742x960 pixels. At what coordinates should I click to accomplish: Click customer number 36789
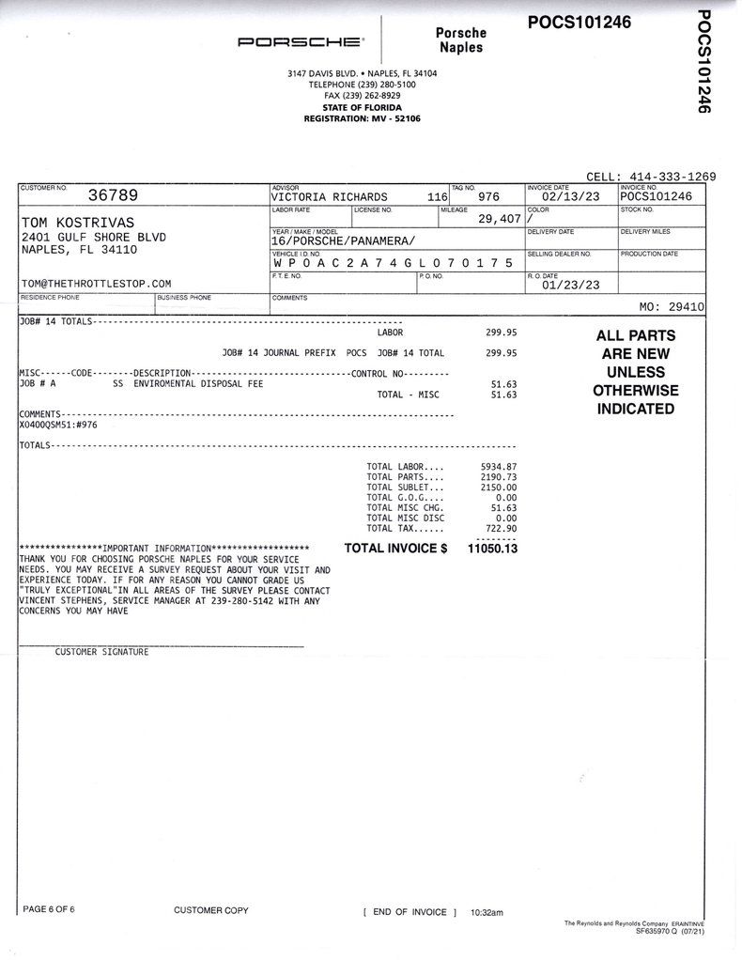tap(113, 195)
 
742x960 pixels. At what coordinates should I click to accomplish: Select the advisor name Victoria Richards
tap(329, 196)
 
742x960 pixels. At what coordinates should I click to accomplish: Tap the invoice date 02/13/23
tap(570, 196)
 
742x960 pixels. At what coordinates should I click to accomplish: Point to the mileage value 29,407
tap(499, 219)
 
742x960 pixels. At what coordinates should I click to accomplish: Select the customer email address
tap(96, 283)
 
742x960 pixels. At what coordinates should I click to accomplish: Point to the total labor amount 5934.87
tap(498, 466)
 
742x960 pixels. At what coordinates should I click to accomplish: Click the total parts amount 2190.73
tap(498, 477)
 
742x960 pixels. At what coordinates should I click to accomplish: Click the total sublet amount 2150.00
tap(498, 488)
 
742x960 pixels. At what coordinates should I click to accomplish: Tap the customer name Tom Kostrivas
tap(77, 222)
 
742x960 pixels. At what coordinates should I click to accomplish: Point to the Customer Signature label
tap(101, 651)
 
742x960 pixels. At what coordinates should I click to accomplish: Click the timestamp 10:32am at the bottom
tap(487, 912)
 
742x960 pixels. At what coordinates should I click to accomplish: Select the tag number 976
tap(489, 196)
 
